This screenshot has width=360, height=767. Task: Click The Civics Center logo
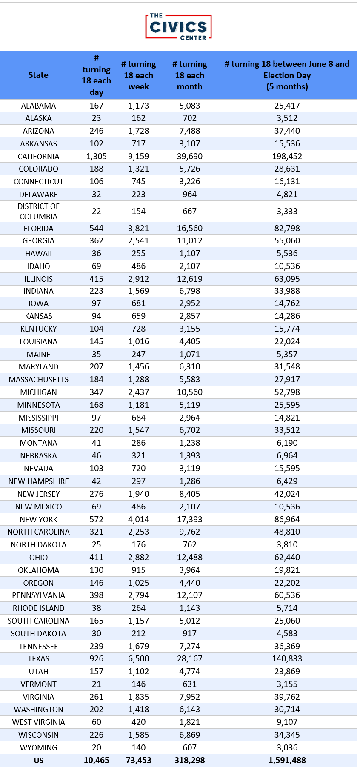click(x=179, y=27)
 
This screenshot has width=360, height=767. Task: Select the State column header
click(x=38, y=75)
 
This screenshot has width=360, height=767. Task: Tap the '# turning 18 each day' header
click(x=96, y=75)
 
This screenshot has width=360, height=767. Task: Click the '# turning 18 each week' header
click(x=138, y=75)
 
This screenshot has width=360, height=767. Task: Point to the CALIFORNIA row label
click(x=38, y=157)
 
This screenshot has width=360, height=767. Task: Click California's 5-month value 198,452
click(x=287, y=157)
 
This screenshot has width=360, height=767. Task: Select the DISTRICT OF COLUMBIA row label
click(x=38, y=212)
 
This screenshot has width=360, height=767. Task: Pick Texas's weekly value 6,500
click(x=138, y=659)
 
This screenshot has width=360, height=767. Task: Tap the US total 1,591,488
click(x=287, y=761)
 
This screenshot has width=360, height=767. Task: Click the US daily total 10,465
click(x=96, y=761)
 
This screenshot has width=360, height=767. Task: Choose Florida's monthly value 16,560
click(x=189, y=229)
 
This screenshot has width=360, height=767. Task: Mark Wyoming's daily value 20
click(x=96, y=748)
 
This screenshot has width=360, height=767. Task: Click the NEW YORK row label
click(x=38, y=520)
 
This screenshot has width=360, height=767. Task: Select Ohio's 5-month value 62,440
click(x=287, y=558)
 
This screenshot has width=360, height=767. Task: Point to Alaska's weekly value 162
click(x=138, y=118)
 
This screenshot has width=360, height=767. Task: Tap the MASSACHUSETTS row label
click(x=38, y=380)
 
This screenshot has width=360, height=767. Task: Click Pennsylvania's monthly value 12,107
click(x=189, y=595)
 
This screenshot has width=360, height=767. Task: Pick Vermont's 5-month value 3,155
click(x=287, y=684)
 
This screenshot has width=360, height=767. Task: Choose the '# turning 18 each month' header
click(x=189, y=75)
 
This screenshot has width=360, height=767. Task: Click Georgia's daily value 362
click(x=96, y=241)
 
